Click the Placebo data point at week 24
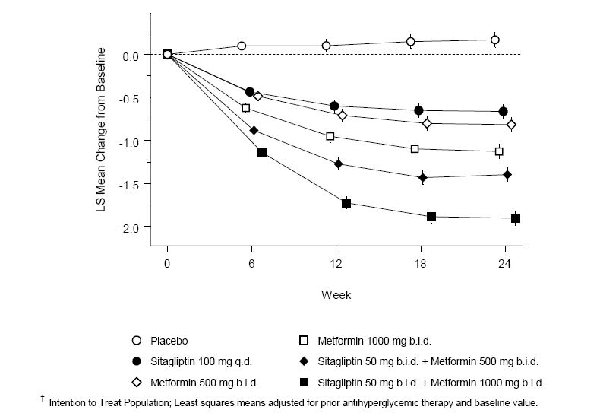(495, 40)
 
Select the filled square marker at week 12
(346, 203)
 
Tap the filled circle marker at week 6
(250, 92)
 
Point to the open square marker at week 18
(415, 149)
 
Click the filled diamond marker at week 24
(507, 174)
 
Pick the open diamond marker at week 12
(343, 116)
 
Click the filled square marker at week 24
(516, 218)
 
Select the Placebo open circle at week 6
(242, 46)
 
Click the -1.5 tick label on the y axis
(131, 184)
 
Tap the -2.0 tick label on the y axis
(131, 227)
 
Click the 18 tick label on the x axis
(419, 264)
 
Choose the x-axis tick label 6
(251, 264)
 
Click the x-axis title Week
(336, 294)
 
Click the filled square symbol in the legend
(302, 383)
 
